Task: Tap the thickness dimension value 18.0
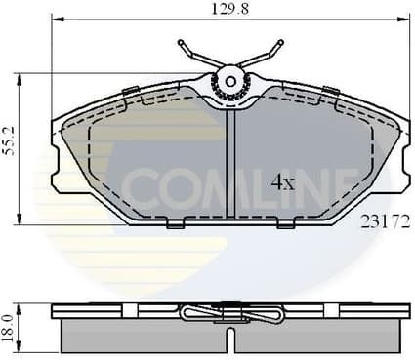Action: click(10, 323)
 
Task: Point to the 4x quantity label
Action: click(282, 180)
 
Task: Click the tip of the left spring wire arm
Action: click(181, 42)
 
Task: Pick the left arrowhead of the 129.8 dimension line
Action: click(55, 20)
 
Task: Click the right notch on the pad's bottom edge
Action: click(286, 224)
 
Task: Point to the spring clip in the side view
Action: click(231, 314)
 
